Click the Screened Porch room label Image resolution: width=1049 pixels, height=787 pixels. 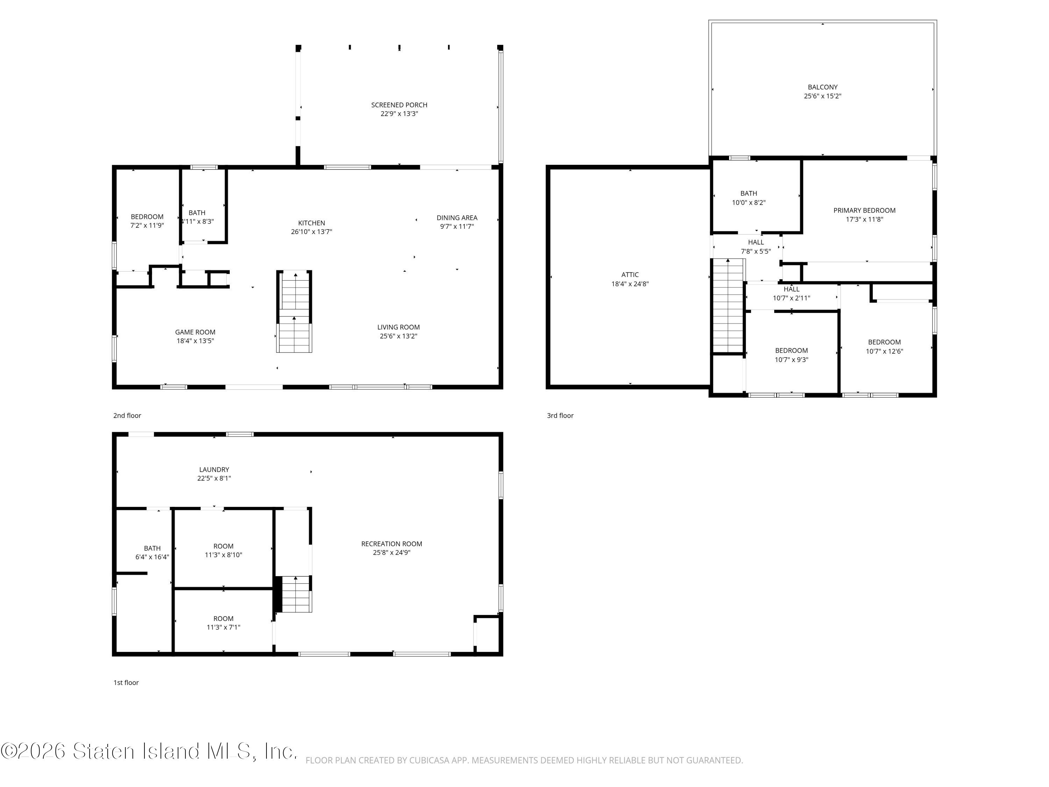point(399,105)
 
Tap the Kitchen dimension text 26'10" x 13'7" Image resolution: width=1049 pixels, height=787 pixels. point(312,232)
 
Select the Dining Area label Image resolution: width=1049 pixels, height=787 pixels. point(457,218)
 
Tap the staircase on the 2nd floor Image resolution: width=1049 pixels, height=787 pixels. point(294,311)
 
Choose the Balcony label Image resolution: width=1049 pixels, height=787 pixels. point(822,87)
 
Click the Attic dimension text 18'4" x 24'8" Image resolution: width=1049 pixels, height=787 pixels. point(630,284)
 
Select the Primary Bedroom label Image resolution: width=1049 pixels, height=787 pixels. point(864,211)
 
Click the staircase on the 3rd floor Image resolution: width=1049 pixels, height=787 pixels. point(728,306)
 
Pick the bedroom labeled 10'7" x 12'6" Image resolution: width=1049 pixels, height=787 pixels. point(884,347)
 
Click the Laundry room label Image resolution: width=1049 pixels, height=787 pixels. point(214,470)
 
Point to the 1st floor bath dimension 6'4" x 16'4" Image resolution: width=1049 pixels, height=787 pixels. point(152,557)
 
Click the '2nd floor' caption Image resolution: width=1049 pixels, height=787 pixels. point(127,416)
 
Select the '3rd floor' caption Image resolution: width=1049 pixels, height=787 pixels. point(560,416)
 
